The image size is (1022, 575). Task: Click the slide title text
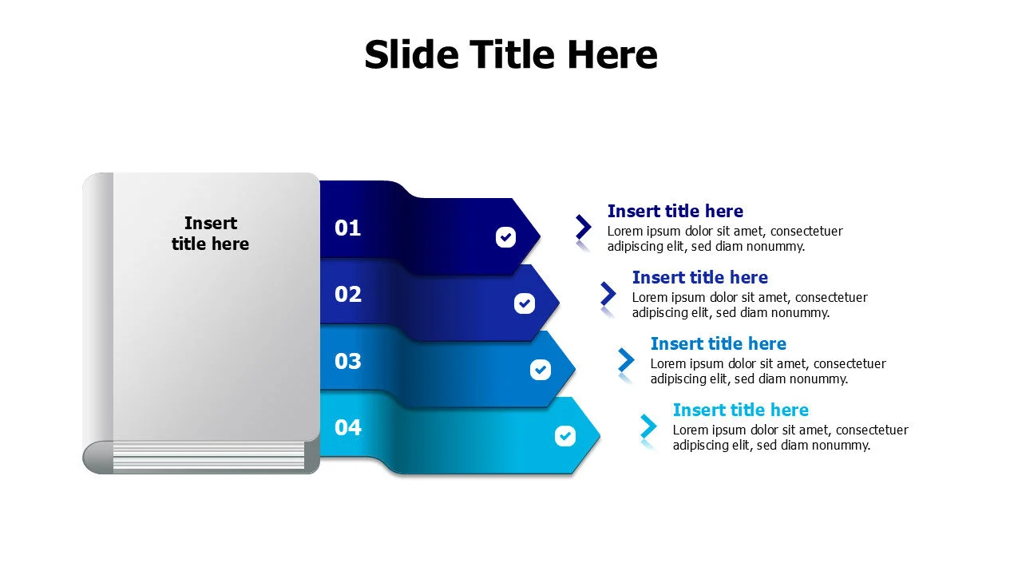511,55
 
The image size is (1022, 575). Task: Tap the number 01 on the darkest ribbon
347,228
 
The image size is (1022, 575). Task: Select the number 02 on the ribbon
347,295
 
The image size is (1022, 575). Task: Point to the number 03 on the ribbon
347,361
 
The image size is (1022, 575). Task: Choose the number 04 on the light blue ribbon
347,427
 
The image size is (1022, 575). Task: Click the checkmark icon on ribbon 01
505,236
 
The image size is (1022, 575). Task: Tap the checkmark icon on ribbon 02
524,303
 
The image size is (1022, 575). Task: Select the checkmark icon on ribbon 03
541,370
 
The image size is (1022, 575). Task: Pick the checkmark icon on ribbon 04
564,436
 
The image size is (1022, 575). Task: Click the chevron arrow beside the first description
584,228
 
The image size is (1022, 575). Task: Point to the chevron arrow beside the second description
608,294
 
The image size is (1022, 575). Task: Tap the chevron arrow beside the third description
627,360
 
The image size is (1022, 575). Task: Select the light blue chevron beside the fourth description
648,426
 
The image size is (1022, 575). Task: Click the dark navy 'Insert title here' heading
675,212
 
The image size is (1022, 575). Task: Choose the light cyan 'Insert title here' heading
740,410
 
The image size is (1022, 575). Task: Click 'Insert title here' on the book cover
210,233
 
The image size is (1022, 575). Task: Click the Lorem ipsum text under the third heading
767,371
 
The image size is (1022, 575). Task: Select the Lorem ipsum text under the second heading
749,305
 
